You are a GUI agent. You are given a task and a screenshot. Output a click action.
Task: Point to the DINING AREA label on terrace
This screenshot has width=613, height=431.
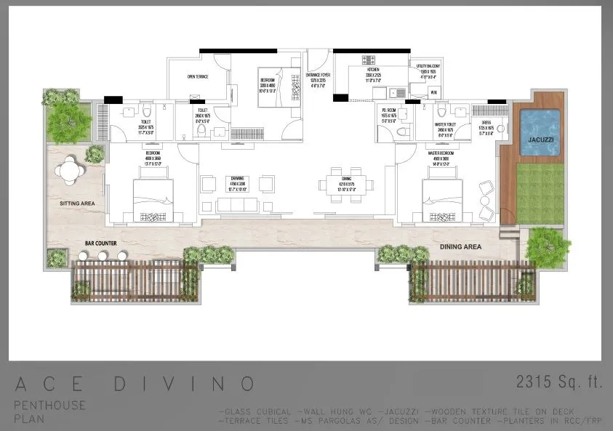462,247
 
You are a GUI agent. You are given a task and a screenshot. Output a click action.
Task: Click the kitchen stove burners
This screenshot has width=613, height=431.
369,60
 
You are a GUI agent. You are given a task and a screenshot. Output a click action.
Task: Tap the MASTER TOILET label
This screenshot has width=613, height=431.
445,124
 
